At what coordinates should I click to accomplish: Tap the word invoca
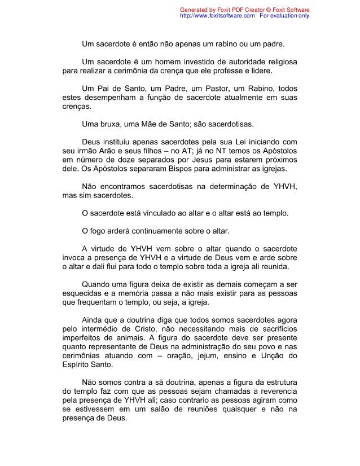point(74,257)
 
